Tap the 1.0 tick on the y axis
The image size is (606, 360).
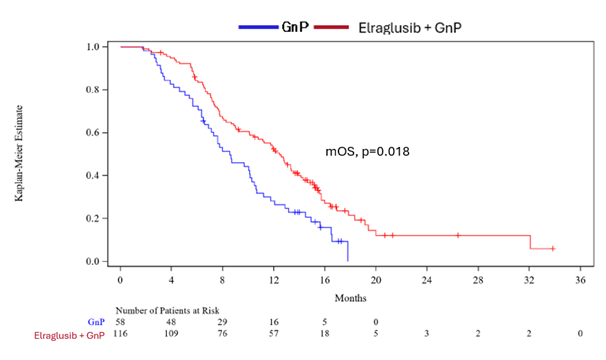[x=92, y=47]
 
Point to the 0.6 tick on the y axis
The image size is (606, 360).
[x=92, y=133]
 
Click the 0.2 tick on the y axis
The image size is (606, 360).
[x=92, y=218]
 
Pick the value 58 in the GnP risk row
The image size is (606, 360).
[x=121, y=322]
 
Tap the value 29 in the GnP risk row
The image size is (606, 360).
[x=223, y=322]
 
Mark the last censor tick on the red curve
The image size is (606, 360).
[x=553, y=248]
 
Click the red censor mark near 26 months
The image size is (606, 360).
[x=458, y=235]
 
